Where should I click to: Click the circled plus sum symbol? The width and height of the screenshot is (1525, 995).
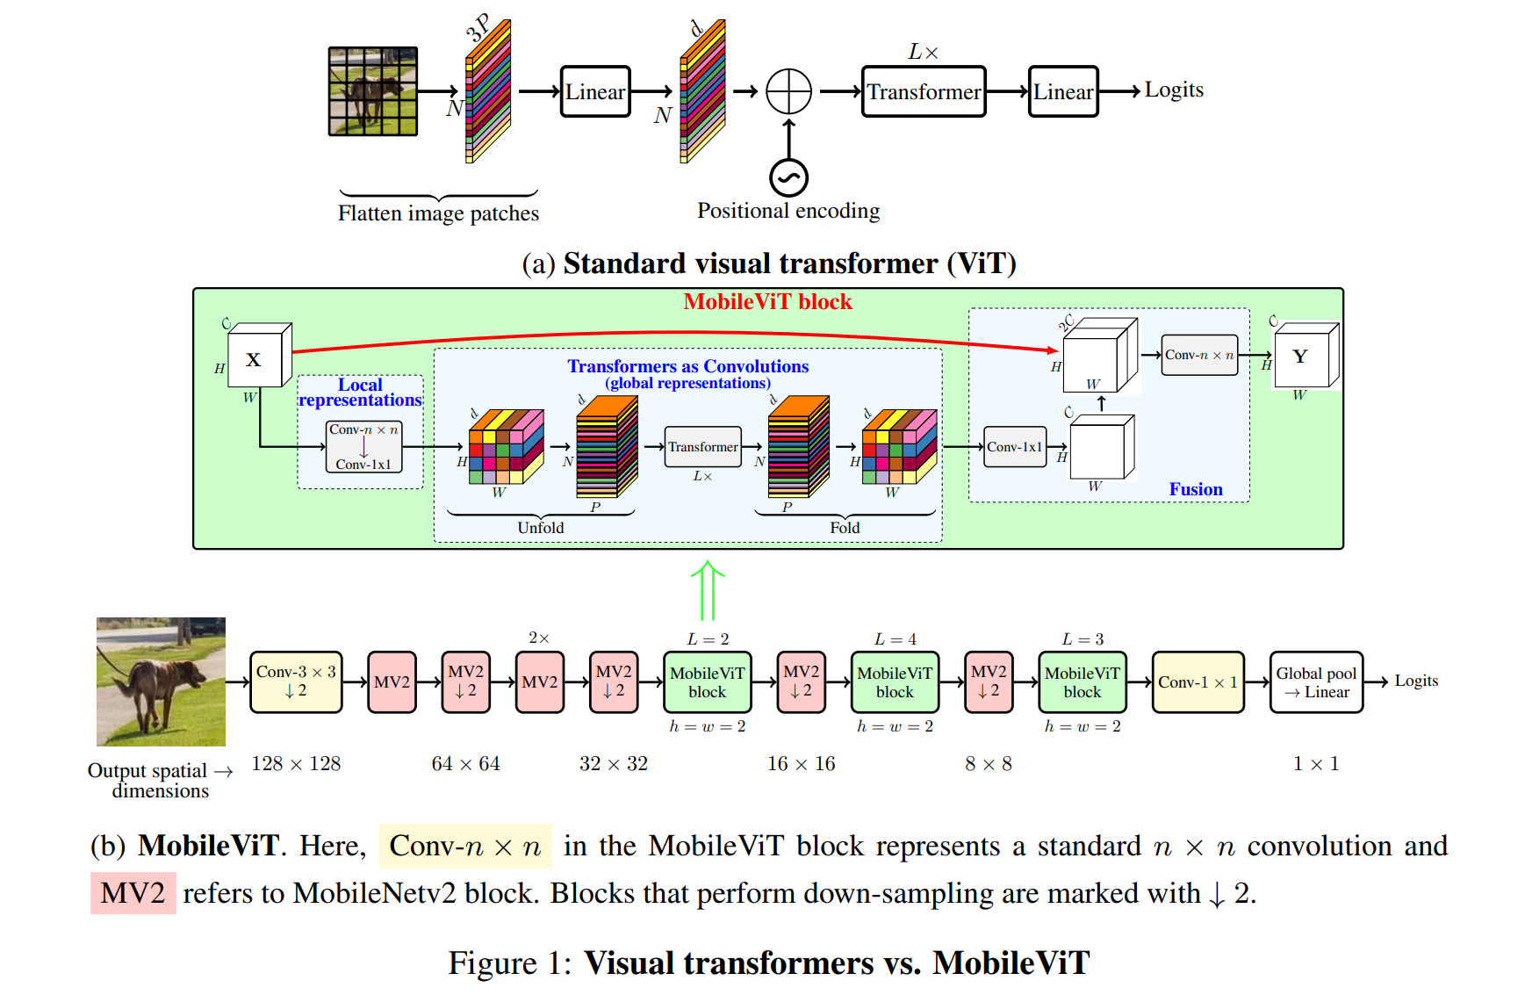[x=788, y=91]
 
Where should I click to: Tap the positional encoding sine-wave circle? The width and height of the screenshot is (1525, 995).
[x=788, y=178]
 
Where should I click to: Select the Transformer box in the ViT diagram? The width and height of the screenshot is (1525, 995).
[x=924, y=91]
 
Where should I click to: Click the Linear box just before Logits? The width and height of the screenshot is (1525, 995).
[x=1063, y=91]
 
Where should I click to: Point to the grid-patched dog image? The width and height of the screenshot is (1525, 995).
[x=373, y=91]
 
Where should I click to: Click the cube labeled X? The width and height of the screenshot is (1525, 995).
[x=259, y=356]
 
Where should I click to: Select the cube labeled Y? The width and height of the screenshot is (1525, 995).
[x=1306, y=355]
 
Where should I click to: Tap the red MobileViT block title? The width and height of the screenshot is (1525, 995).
[x=767, y=302]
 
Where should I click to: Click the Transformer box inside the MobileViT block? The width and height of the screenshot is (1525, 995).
[x=702, y=447]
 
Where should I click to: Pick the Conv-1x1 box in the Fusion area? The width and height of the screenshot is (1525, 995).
[x=1015, y=447]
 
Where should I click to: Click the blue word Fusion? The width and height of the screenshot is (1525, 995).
[x=1196, y=489]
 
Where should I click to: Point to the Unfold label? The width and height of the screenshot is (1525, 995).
[x=541, y=527]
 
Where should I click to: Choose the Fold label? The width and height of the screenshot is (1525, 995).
[x=845, y=527]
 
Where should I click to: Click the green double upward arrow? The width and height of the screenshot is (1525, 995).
[x=708, y=591]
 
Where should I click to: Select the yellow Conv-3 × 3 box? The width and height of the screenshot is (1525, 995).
[x=296, y=681]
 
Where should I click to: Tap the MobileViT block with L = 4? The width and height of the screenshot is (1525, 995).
[x=895, y=681]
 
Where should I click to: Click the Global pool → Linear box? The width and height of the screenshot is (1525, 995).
[x=1316, y=681]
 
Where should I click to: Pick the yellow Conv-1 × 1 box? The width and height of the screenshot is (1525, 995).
[x=1198, y=681]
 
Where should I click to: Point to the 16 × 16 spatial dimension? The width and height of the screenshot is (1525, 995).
[x=802, y=764]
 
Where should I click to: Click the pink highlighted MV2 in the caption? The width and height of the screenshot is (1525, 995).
[x=133, y=893]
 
